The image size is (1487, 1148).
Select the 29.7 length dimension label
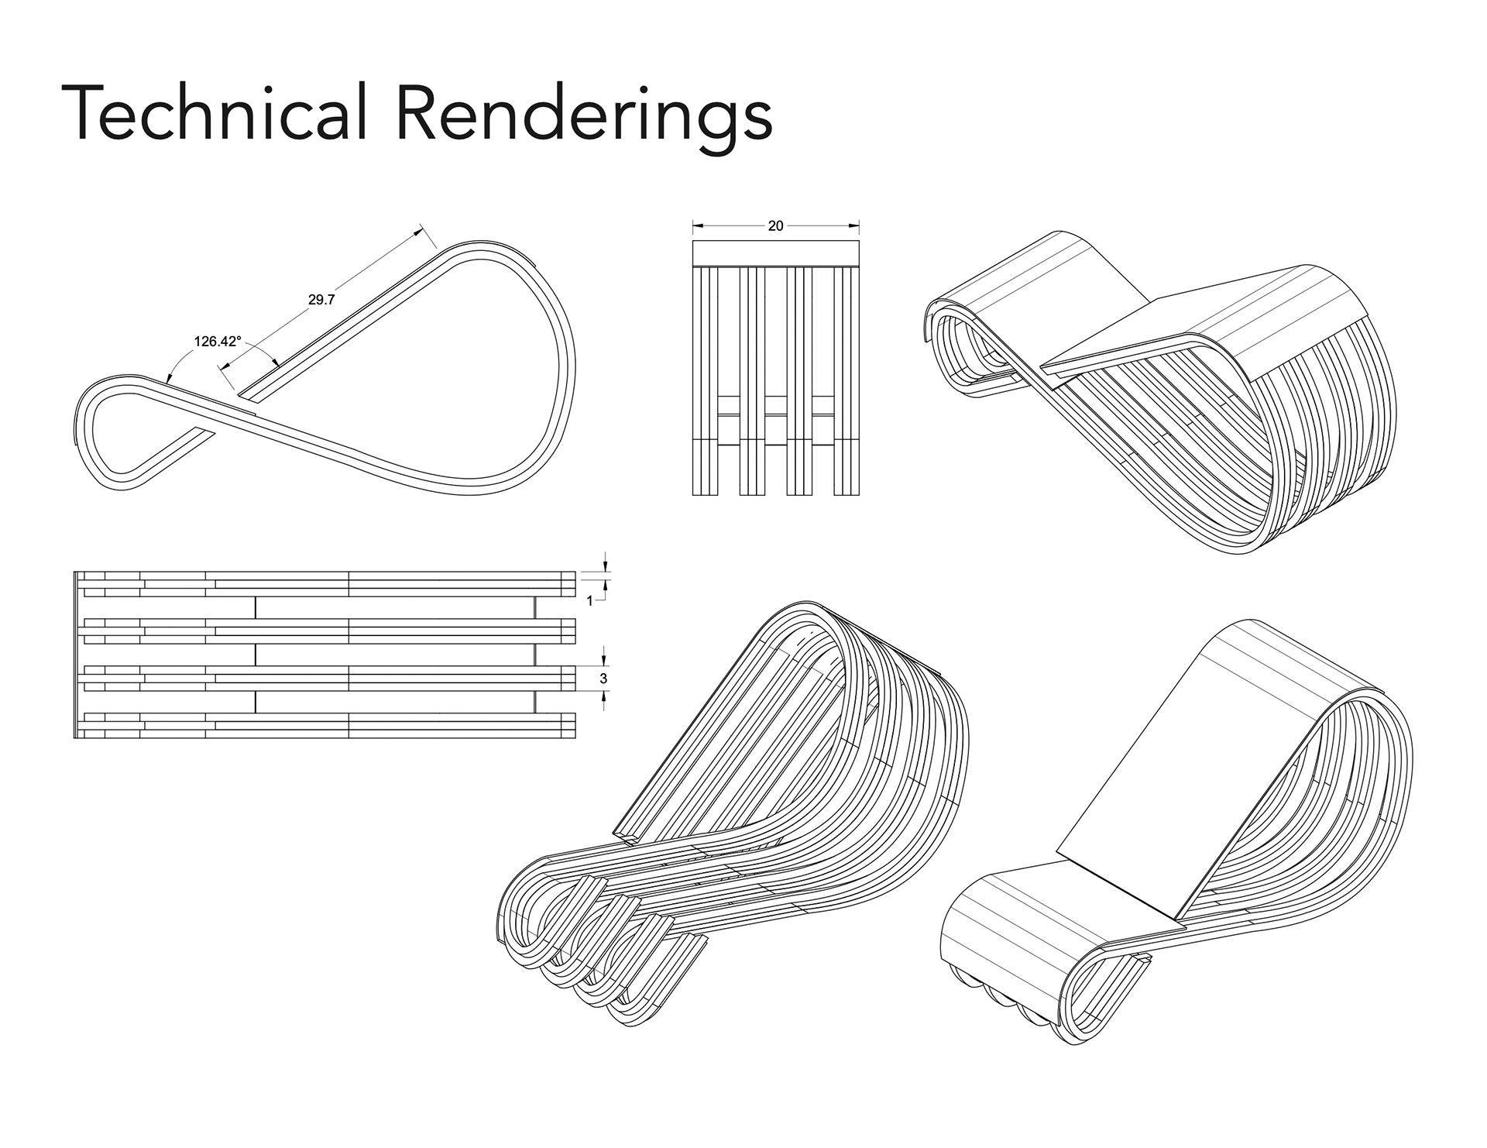(321, 300)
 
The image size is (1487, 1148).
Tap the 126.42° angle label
(218, 341)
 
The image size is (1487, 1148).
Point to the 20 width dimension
(775, 226)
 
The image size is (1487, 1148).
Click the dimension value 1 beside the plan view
(590, 600)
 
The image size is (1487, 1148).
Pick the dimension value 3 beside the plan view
(604, 679)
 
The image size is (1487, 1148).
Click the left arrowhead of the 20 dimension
(696, 226)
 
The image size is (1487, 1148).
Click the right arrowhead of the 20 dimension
(855, 226)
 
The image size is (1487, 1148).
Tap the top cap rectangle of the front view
(775, 253)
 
